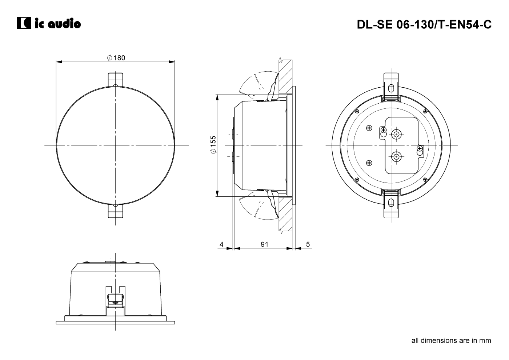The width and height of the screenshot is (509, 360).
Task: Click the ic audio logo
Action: pyautogui.click(x=49, y=23)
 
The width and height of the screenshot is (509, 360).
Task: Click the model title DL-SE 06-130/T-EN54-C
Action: pyautogui.click(x=424, y=24)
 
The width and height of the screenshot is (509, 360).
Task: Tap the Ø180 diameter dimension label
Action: pyautogui.click(x=116, y=58)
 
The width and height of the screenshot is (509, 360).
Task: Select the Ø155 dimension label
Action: pyautogui.click(x=213, y=145)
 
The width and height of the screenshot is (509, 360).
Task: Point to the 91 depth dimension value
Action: pyautogui.click(x=264, y=244)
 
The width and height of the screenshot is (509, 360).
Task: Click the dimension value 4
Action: pyautogui.click(x=221, y=244)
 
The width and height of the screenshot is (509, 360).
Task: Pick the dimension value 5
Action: pyautogui.click(x=308, y=244)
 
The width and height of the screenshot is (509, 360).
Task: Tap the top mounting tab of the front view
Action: pyautogui.click(x=116, y=80)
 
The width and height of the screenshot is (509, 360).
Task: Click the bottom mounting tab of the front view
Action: pyautogui.click(x=116, y=211)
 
